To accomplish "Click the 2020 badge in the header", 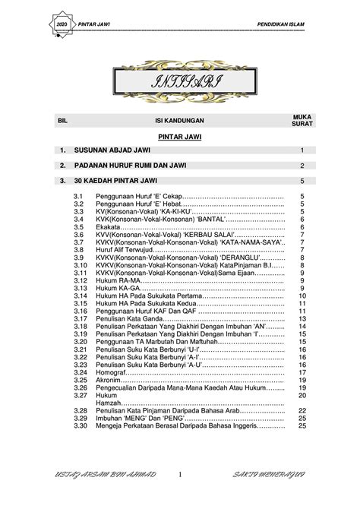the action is point(61,26).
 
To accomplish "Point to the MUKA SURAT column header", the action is point(302,120).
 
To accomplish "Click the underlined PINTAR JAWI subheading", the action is point(179,138).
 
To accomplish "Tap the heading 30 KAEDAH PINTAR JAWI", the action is point(113,181).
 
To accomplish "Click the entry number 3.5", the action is point(78,226).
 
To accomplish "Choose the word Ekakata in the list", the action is point(108,226).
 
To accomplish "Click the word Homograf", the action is point(112,372).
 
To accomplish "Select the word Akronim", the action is point(109,380).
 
